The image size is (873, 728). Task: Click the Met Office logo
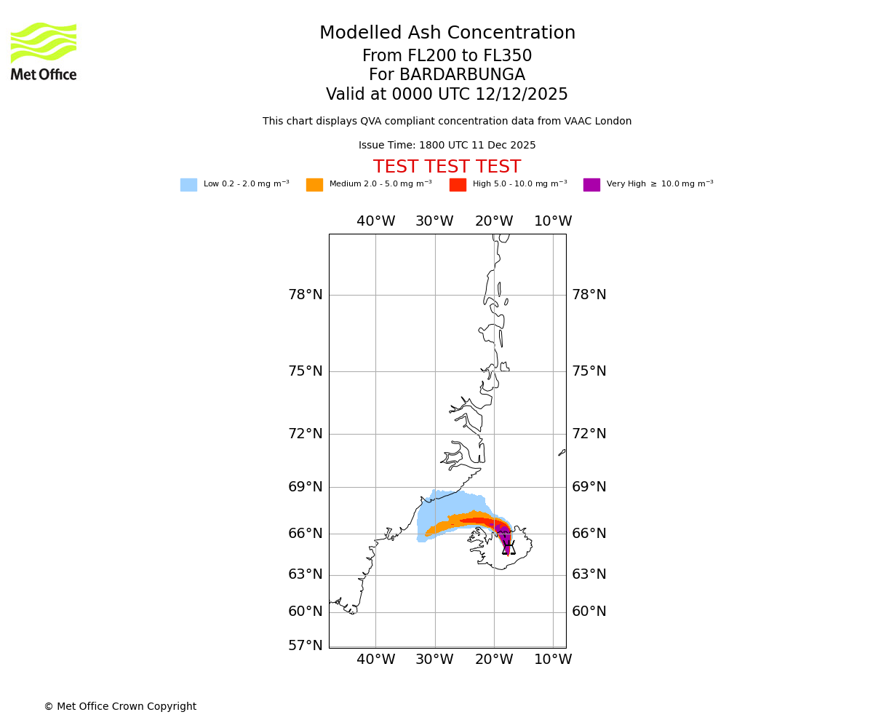44,51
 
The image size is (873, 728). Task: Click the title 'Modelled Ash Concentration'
447,33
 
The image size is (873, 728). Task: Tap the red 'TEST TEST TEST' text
447,167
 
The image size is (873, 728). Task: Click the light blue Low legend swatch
188,185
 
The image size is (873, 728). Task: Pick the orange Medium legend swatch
314,185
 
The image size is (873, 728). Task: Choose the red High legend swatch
458,185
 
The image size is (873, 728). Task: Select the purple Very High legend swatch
591,185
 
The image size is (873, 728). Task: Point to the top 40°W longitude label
375,221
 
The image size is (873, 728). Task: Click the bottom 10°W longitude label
553,660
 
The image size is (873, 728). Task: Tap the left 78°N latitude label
305,295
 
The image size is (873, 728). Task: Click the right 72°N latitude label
589,434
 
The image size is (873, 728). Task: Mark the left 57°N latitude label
305,646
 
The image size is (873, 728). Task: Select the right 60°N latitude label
589,612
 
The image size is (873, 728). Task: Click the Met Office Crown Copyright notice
120,707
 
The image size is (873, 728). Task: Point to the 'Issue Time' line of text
447,146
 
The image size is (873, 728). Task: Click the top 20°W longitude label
494,221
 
